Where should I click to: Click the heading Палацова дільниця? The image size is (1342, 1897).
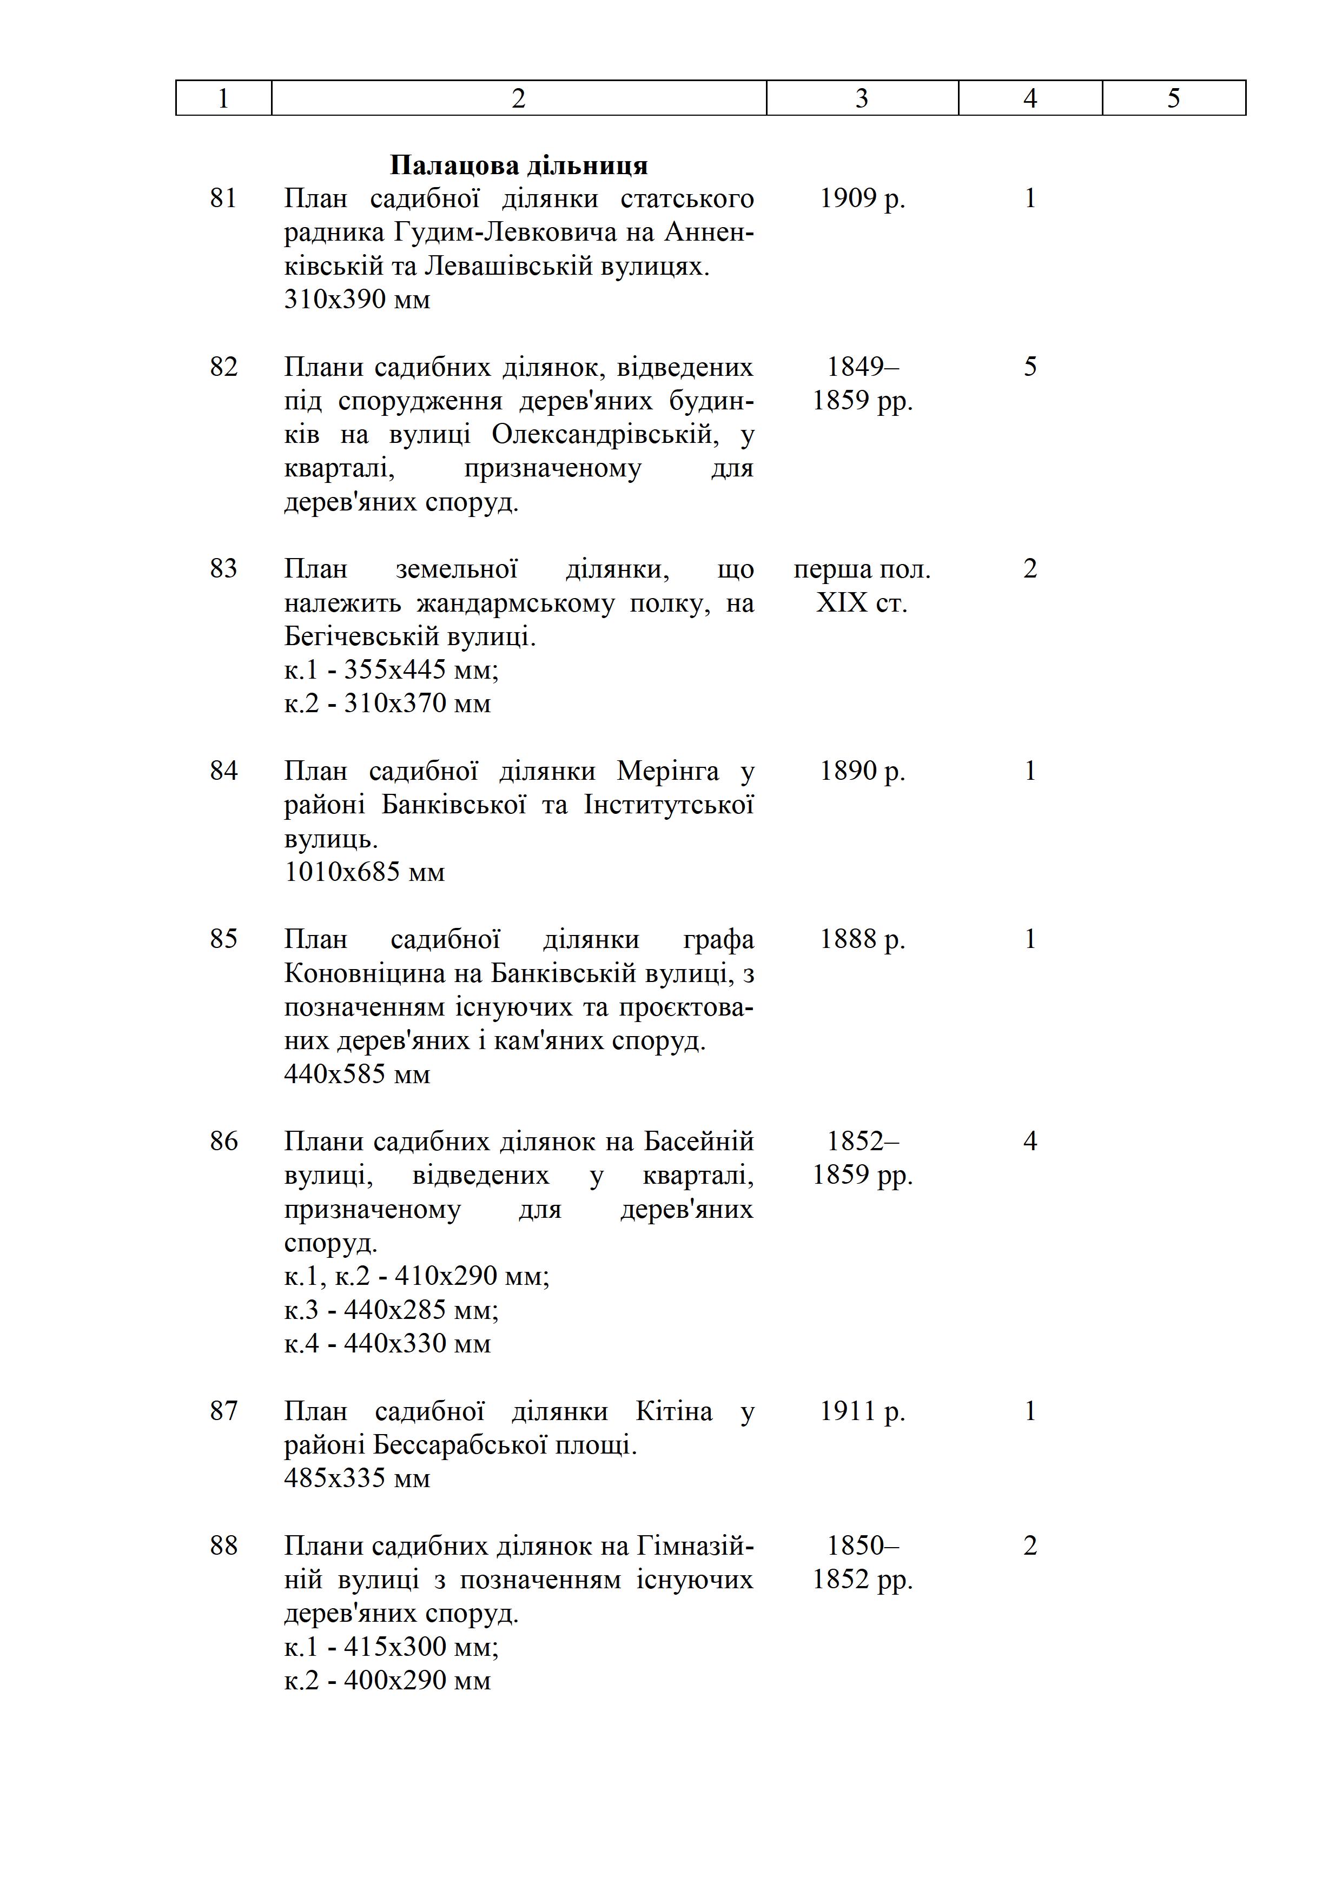518,165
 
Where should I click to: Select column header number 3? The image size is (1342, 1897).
861,98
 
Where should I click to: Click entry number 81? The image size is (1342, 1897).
223,198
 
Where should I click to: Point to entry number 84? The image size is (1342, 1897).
223,771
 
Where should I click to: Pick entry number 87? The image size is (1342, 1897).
223,1411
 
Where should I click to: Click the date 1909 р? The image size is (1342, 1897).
862,198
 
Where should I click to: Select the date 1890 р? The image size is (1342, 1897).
862,771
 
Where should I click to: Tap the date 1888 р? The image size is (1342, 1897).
862,939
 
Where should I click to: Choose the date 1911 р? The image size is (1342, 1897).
862,1411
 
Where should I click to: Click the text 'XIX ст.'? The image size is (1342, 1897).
862,603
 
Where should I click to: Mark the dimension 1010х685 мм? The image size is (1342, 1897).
365,872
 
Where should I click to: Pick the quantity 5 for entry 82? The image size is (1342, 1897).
1030,367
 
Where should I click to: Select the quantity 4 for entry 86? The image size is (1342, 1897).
1030,1142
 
